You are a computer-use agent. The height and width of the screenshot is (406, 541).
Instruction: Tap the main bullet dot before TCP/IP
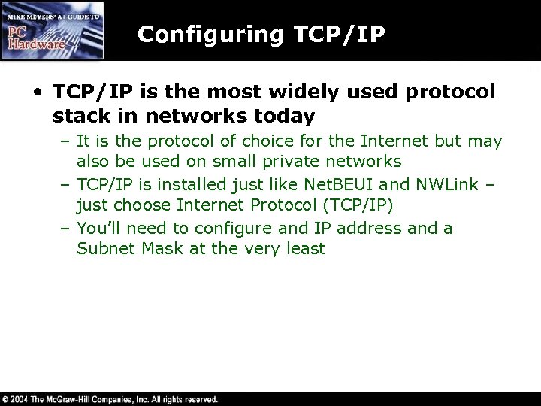(x=38, y=92)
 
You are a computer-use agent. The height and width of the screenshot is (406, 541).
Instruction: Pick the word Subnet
(x=102, y=249)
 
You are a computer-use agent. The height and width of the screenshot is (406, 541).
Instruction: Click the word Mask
(x=154, y=249)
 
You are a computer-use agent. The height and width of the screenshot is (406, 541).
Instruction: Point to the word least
(x=304, y=249)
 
